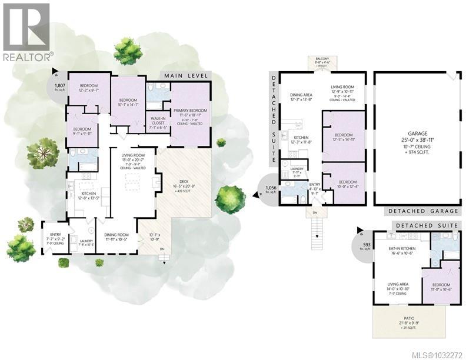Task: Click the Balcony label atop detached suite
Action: [320, 62]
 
